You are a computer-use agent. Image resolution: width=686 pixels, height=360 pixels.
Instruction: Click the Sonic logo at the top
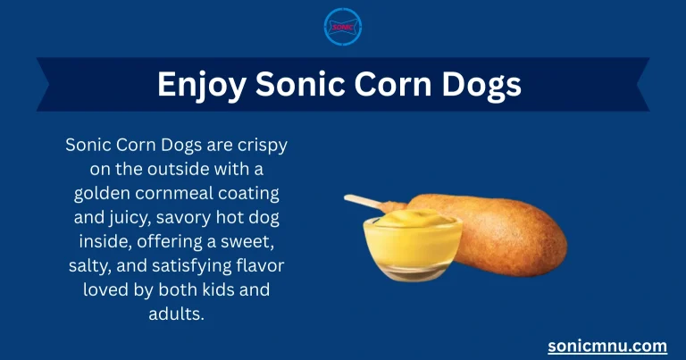(343, 27)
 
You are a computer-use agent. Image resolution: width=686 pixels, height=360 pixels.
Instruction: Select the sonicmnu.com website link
(607, 345)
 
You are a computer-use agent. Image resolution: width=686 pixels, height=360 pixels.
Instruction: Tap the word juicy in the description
(130, 217)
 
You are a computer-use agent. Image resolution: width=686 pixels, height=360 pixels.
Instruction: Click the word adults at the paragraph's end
(181, 314)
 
